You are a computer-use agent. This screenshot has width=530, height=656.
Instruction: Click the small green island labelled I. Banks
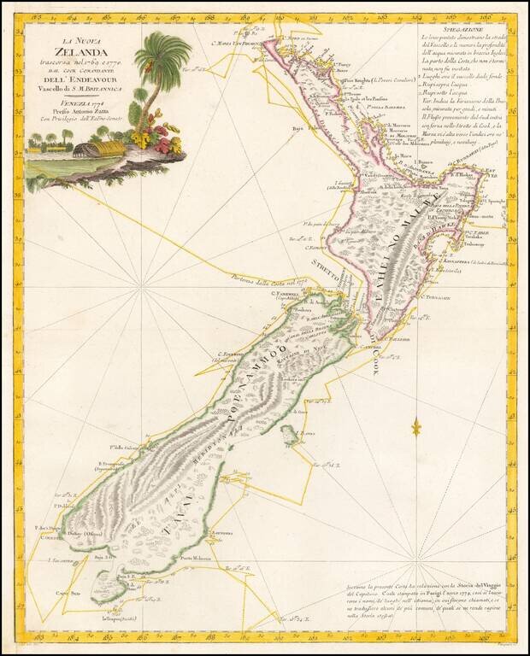pos(292,437)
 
